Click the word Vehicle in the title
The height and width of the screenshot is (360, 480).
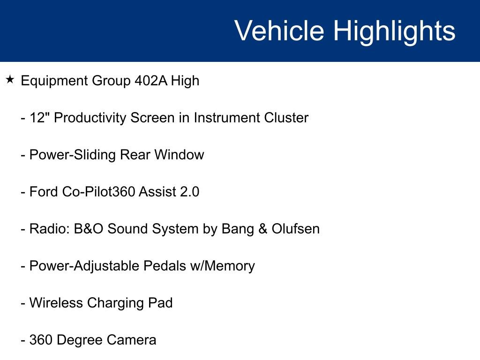279,31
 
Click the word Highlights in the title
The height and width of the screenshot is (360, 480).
394,31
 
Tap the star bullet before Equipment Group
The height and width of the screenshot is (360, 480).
10,80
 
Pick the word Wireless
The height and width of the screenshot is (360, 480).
56,303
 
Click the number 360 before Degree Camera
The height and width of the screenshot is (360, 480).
40,340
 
